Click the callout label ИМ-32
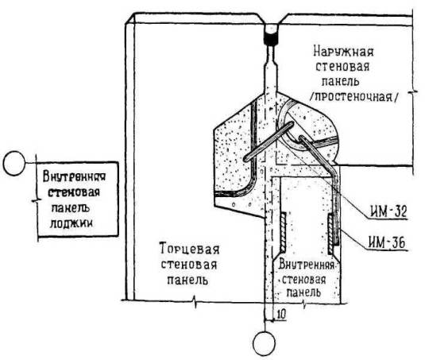point(388,211)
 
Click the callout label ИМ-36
point(387,242)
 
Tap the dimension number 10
point(281,314)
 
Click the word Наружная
point(343,52)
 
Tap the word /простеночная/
point(355,96)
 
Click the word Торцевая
point(189,249)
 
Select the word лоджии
point(71,223)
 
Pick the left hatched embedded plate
point(283,232)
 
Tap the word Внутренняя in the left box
point(74,176)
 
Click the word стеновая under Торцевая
point(188,264)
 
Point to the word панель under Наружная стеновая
point(340,81)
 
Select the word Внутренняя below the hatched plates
point(306,265)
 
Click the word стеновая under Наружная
point(342,66)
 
